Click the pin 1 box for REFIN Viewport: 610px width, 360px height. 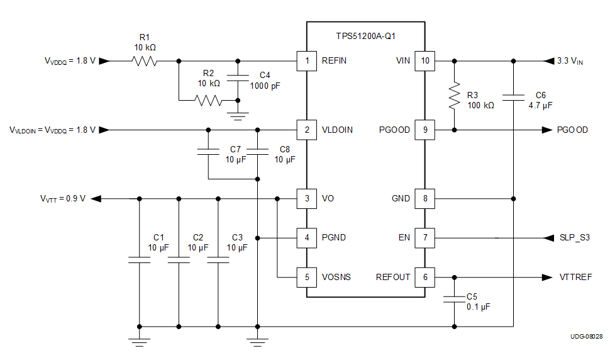click(x=306, y=61)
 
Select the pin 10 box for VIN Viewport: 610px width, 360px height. click(x=424, y=61)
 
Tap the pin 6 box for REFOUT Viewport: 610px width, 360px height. click(x=424, y=277)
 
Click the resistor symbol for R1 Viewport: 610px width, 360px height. click(x=144, y=61)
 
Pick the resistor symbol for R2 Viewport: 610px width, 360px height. click(x=208, y=100)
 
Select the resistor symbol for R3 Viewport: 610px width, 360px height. click(x=454, y=96)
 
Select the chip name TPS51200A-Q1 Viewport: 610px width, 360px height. click(x=365, y=36)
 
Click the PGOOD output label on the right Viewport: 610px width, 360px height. click(x=572, y=130)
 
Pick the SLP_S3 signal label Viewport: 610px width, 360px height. click(x=575, y=238)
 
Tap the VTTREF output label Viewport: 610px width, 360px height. click(x=575, y=277)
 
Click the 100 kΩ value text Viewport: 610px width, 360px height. click(x=480, y=105)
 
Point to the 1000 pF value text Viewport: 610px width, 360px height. click(x=265, y=86)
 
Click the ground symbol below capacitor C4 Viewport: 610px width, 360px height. click(x=238, y=115)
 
